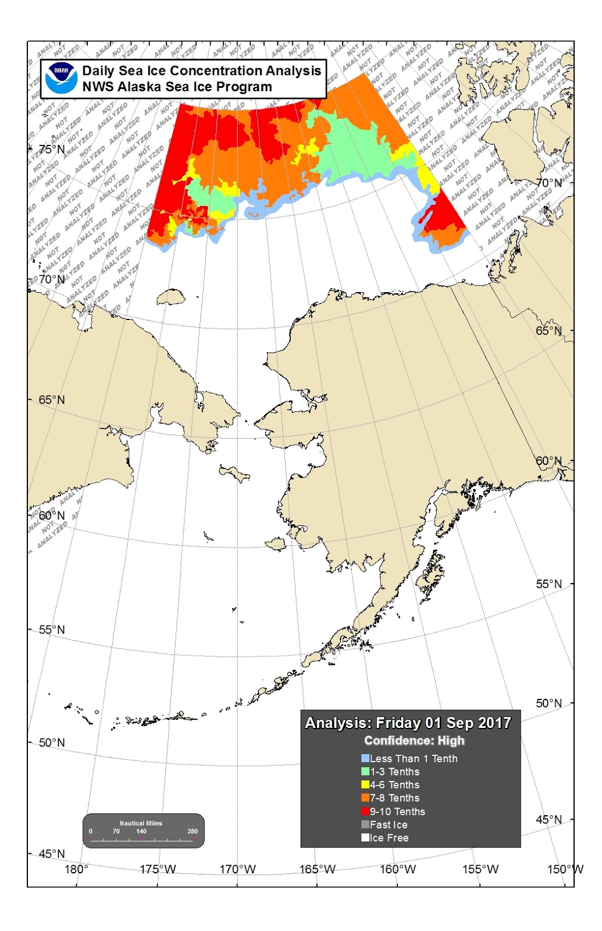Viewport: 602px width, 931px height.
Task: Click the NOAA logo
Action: click(x=62, y=79)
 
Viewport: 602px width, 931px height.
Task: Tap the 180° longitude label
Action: click(x=76, y=869)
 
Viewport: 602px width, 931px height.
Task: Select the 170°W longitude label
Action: click(x=237, y=869)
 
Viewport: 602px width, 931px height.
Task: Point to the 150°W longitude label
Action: click(x=565, y=869)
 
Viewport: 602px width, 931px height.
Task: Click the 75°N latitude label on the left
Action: click(x=52, y=149)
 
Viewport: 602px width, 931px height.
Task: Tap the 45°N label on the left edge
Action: click(x=52, y=854)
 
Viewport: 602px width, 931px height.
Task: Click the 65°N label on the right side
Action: click(x=549, y=331)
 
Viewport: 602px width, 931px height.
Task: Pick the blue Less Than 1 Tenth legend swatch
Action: click(x=365, y=758)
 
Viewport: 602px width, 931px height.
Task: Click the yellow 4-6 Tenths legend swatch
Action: click(x=365, y=785)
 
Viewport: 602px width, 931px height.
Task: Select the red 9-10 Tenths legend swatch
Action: click(x=365, y=811)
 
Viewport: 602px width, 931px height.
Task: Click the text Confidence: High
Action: click(x=414, y=741)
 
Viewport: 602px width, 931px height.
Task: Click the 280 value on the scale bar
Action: click(x=193, y=831)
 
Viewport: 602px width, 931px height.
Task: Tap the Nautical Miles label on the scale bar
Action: click(x=141, y=823)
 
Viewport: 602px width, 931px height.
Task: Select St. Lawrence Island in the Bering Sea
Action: click(x=235, y=474)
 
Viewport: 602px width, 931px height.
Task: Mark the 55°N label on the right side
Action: click(x=548, y=584)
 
